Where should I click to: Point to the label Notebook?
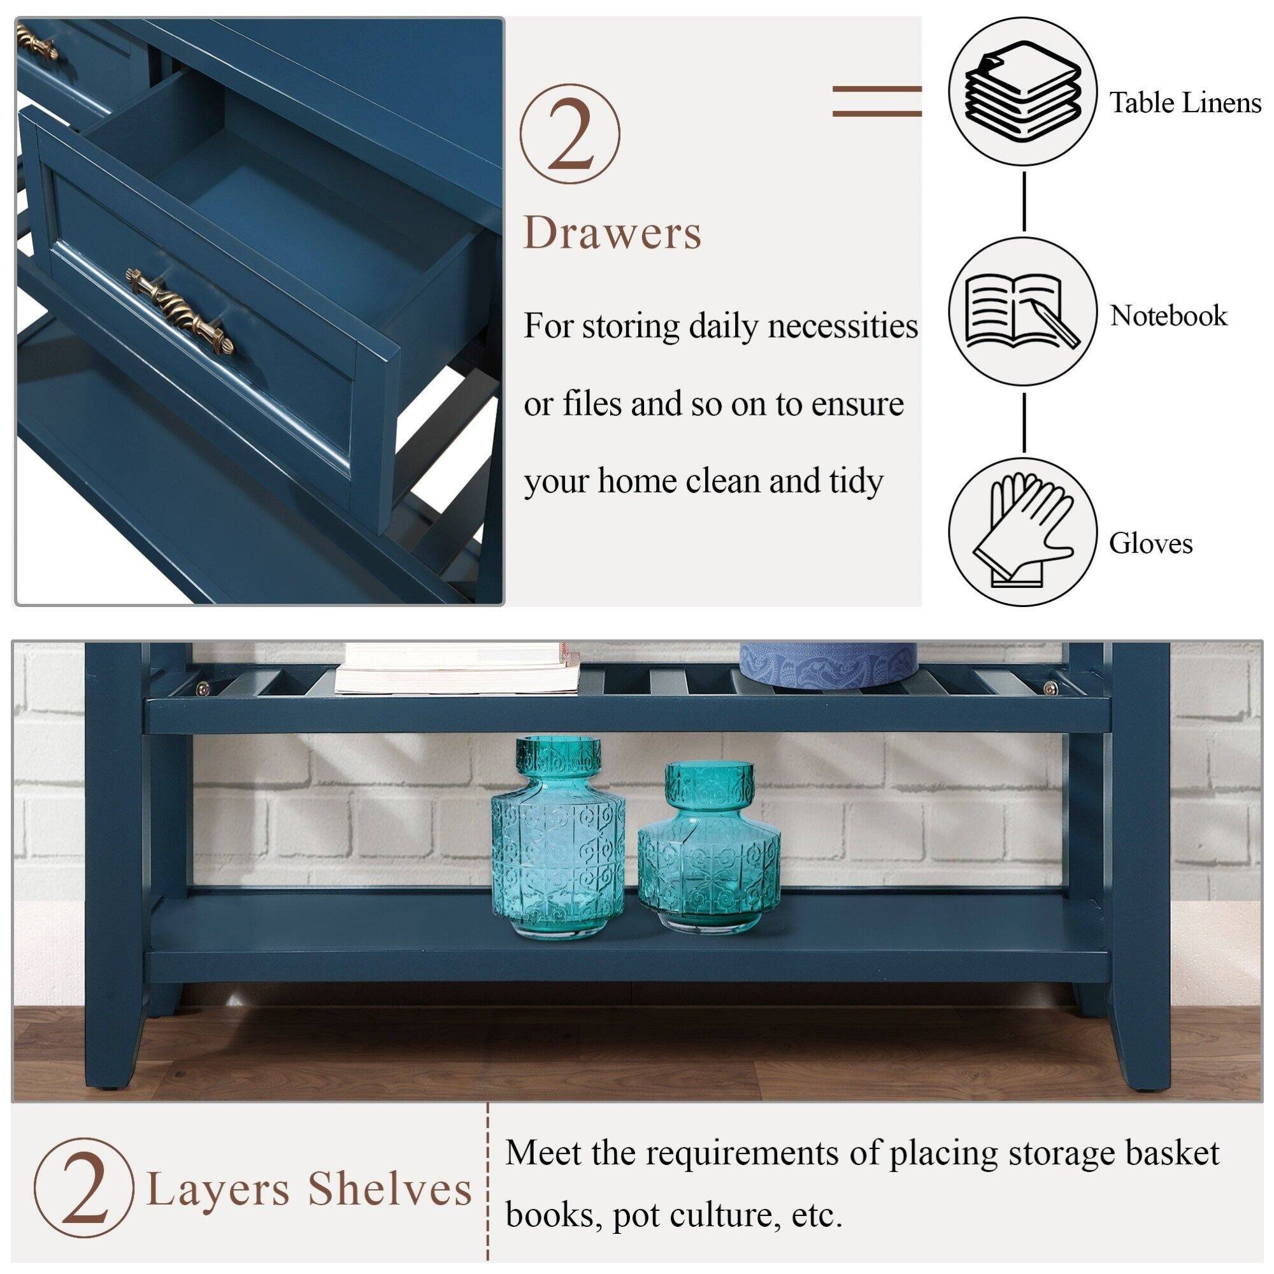click(x=1168, y=316)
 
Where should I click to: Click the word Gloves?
click(x=1150, y=544)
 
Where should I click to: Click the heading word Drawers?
click(x=613, y=233)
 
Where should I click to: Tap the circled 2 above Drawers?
click(x=569, y=134)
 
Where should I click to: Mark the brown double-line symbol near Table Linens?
click(x=877, y=101)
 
